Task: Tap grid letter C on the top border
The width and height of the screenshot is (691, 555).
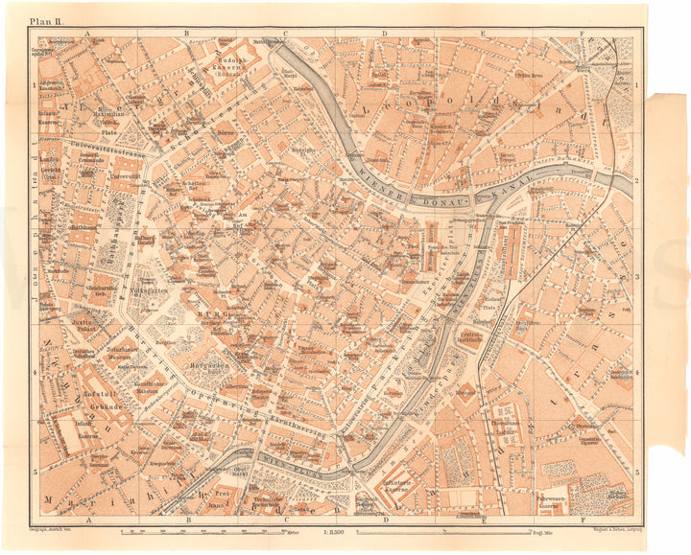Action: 287,32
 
